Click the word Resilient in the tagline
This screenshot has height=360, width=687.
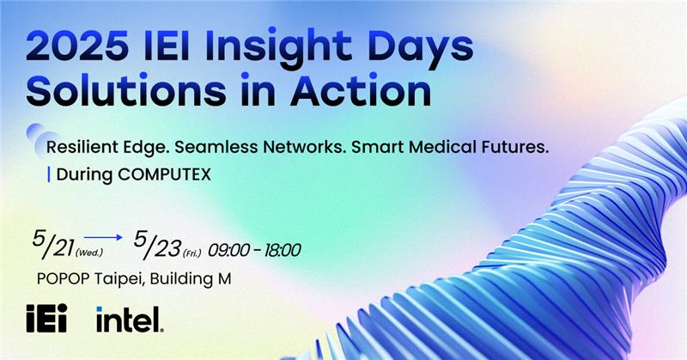point(90,148)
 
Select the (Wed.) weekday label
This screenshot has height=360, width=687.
point(89,253)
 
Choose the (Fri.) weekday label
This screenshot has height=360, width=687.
point(193,253)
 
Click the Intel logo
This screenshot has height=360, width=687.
point(129,320)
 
